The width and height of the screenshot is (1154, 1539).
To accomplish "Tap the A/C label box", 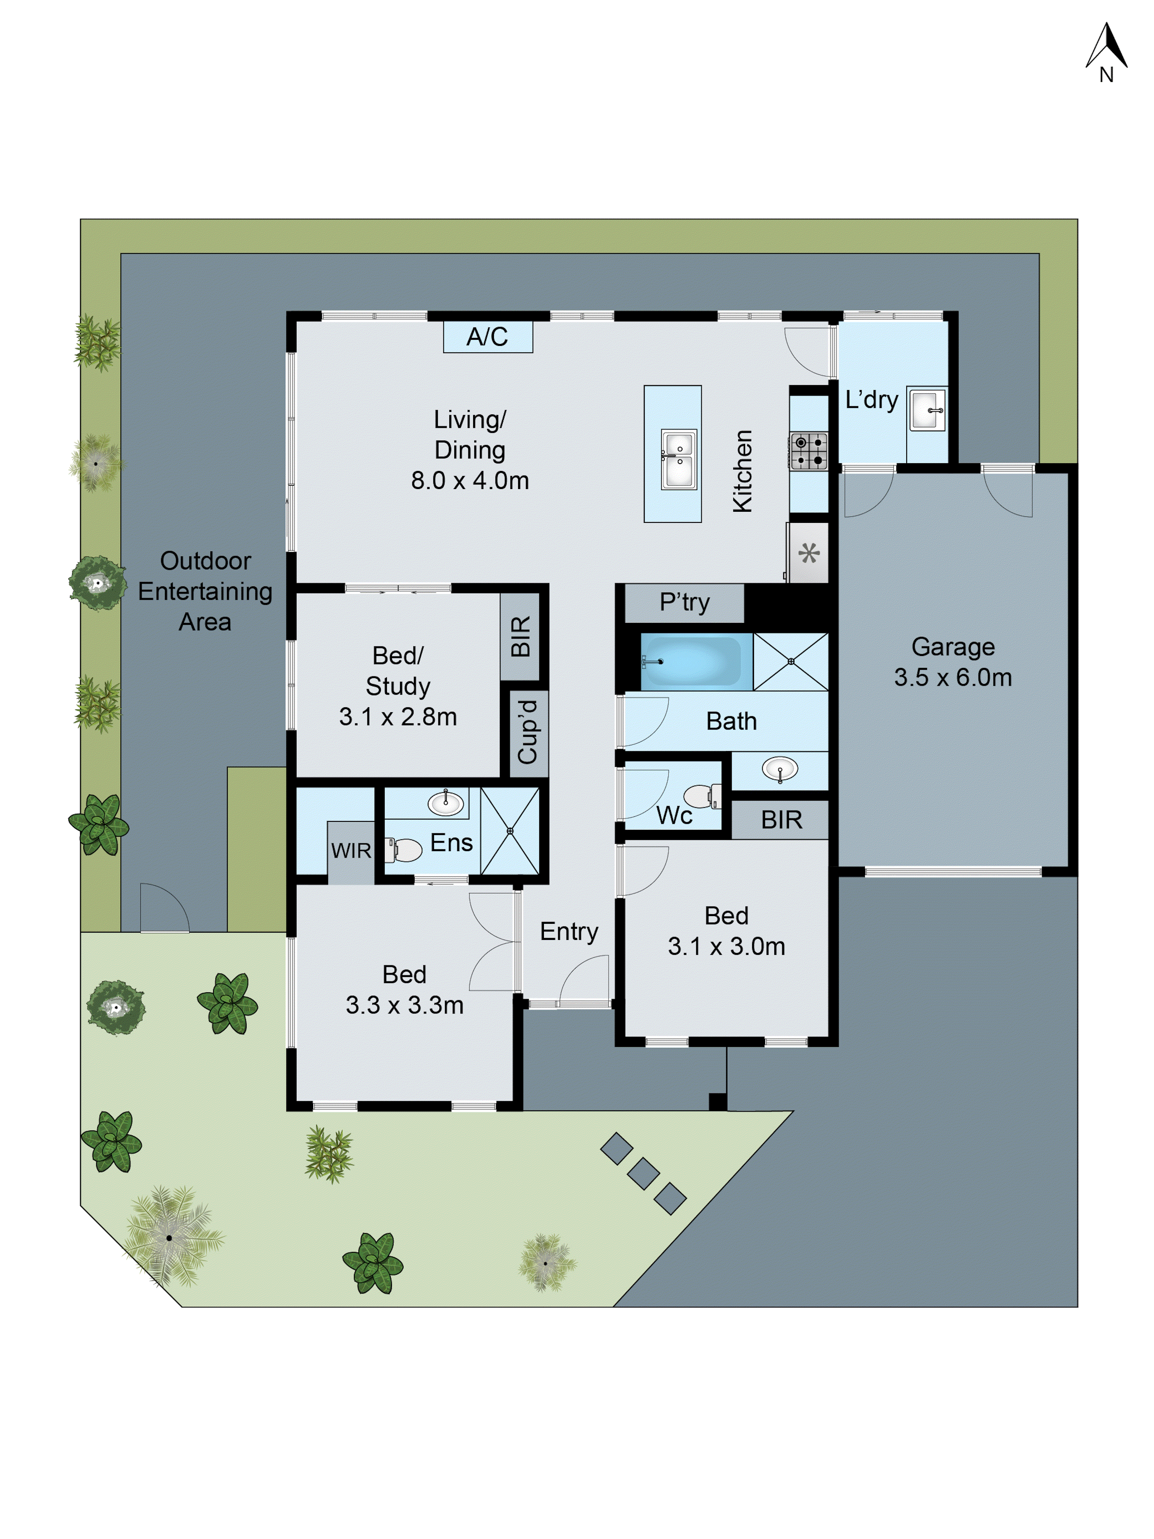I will point(488,337).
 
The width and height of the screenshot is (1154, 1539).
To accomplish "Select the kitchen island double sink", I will point(678,459).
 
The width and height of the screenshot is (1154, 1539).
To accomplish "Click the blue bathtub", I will point(691,661).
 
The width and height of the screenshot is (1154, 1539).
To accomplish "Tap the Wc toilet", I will point(702,795).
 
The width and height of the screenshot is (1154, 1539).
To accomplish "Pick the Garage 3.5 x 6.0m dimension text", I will point(953,677).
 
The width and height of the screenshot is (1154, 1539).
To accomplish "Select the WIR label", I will point(351,850).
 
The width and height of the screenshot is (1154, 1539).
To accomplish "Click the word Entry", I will point(569,931).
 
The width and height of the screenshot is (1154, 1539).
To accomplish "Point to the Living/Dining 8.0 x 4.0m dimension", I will point(470,480).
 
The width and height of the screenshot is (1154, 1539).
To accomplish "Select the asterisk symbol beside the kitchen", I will point(808,554).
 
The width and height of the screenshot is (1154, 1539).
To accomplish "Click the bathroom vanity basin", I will point(780,769).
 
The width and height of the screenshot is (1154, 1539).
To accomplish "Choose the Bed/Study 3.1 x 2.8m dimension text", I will point(398,717).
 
